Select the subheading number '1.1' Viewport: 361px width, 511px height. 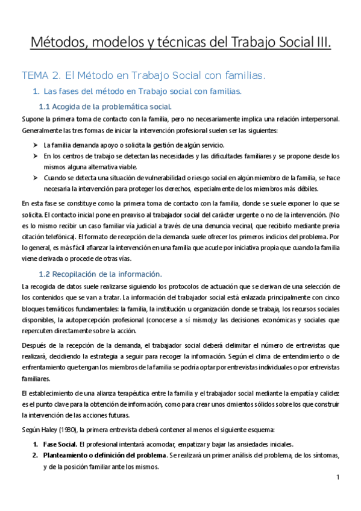(45, 107)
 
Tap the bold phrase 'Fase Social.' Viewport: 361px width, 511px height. (60, 444)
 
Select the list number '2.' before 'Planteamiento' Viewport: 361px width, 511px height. (36, 456)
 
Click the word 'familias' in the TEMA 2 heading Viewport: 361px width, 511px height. (243, 75)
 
